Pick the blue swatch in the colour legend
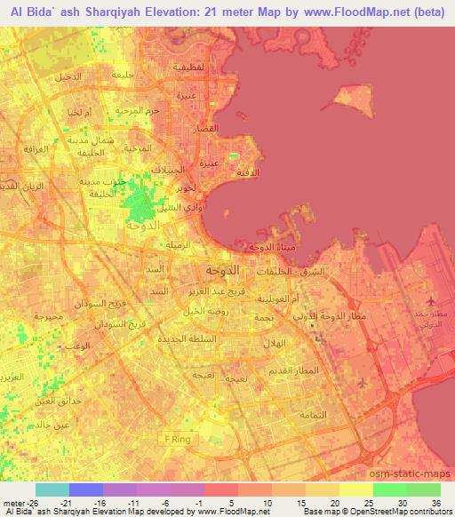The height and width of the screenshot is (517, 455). click(85, 489)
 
